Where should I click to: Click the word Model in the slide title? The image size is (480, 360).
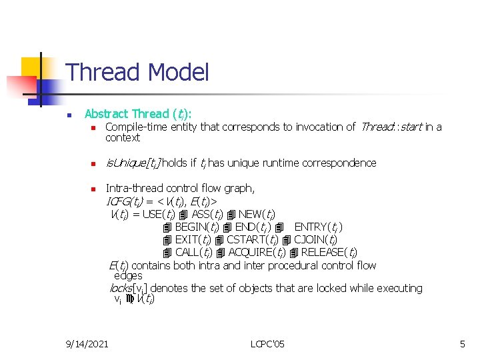pyautogui.click(x=179, y=72)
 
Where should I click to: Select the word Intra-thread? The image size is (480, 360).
pyautogui.click(x=133, y=189)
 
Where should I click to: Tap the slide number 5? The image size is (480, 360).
pyautogui.click(x=462, y=344)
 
